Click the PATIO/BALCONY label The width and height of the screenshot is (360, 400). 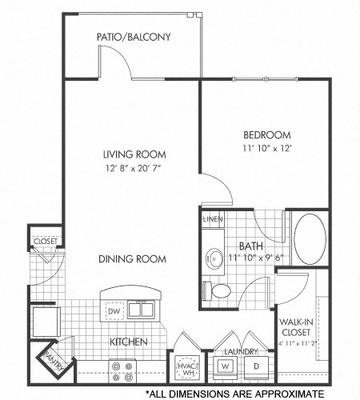[133, 37]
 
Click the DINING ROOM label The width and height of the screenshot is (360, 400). [133, 259]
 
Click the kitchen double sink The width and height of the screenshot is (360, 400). [138, 309]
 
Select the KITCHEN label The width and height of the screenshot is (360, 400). [128, 342]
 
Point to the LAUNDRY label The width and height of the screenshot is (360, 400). [241, 352]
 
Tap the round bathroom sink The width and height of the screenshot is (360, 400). [212, 257]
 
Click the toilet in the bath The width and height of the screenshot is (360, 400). [218, 289]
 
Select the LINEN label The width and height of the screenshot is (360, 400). [212, 219]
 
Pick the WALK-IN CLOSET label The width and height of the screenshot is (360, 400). [296, 328]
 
